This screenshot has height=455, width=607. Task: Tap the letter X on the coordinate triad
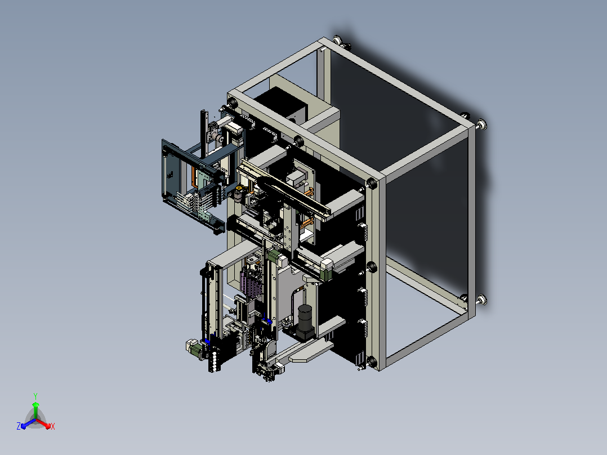53,426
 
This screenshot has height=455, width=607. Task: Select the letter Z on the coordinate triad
19,426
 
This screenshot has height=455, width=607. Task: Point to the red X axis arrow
43,423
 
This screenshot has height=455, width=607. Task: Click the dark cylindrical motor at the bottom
305,317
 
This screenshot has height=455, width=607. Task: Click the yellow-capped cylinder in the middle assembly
238,194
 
